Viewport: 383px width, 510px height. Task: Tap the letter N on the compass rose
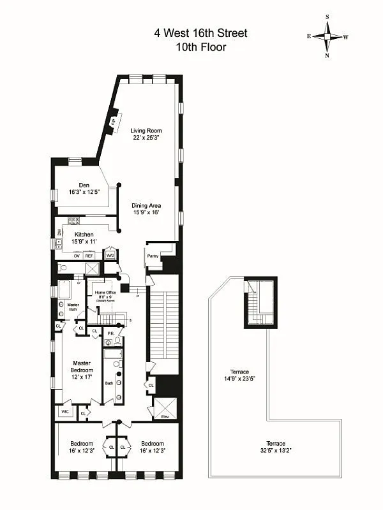point(327,55)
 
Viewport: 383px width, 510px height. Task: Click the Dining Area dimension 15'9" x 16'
point(146,213)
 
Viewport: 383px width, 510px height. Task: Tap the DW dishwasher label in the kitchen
point(59,233)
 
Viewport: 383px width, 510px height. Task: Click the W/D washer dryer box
point(110,255)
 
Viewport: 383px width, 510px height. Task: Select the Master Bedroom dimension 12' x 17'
point(82,377)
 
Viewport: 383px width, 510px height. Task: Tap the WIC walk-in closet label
point(64,412)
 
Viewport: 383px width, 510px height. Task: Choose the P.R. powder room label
point(110,333)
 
